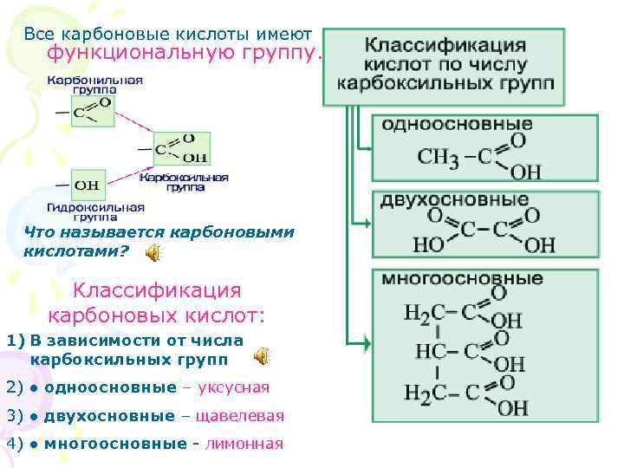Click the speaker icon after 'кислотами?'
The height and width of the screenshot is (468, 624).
coord(153,252)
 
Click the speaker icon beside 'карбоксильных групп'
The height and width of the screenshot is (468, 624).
coord(260,357)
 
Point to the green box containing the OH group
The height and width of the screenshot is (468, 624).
coord(88,185)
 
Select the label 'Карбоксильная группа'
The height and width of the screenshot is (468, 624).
coord(183,181)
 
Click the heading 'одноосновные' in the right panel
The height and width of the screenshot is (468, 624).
coord(457,124)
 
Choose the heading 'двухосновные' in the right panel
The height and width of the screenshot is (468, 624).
coord(454,200)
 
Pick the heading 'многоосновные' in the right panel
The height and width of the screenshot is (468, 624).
coord(463,279)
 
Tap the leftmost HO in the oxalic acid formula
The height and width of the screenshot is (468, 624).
coord(428,245)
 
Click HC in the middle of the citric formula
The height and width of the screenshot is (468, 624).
coord(431,351)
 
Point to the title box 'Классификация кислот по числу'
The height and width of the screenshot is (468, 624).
coord(445,66)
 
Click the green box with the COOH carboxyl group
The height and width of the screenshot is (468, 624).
coord(181,150)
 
